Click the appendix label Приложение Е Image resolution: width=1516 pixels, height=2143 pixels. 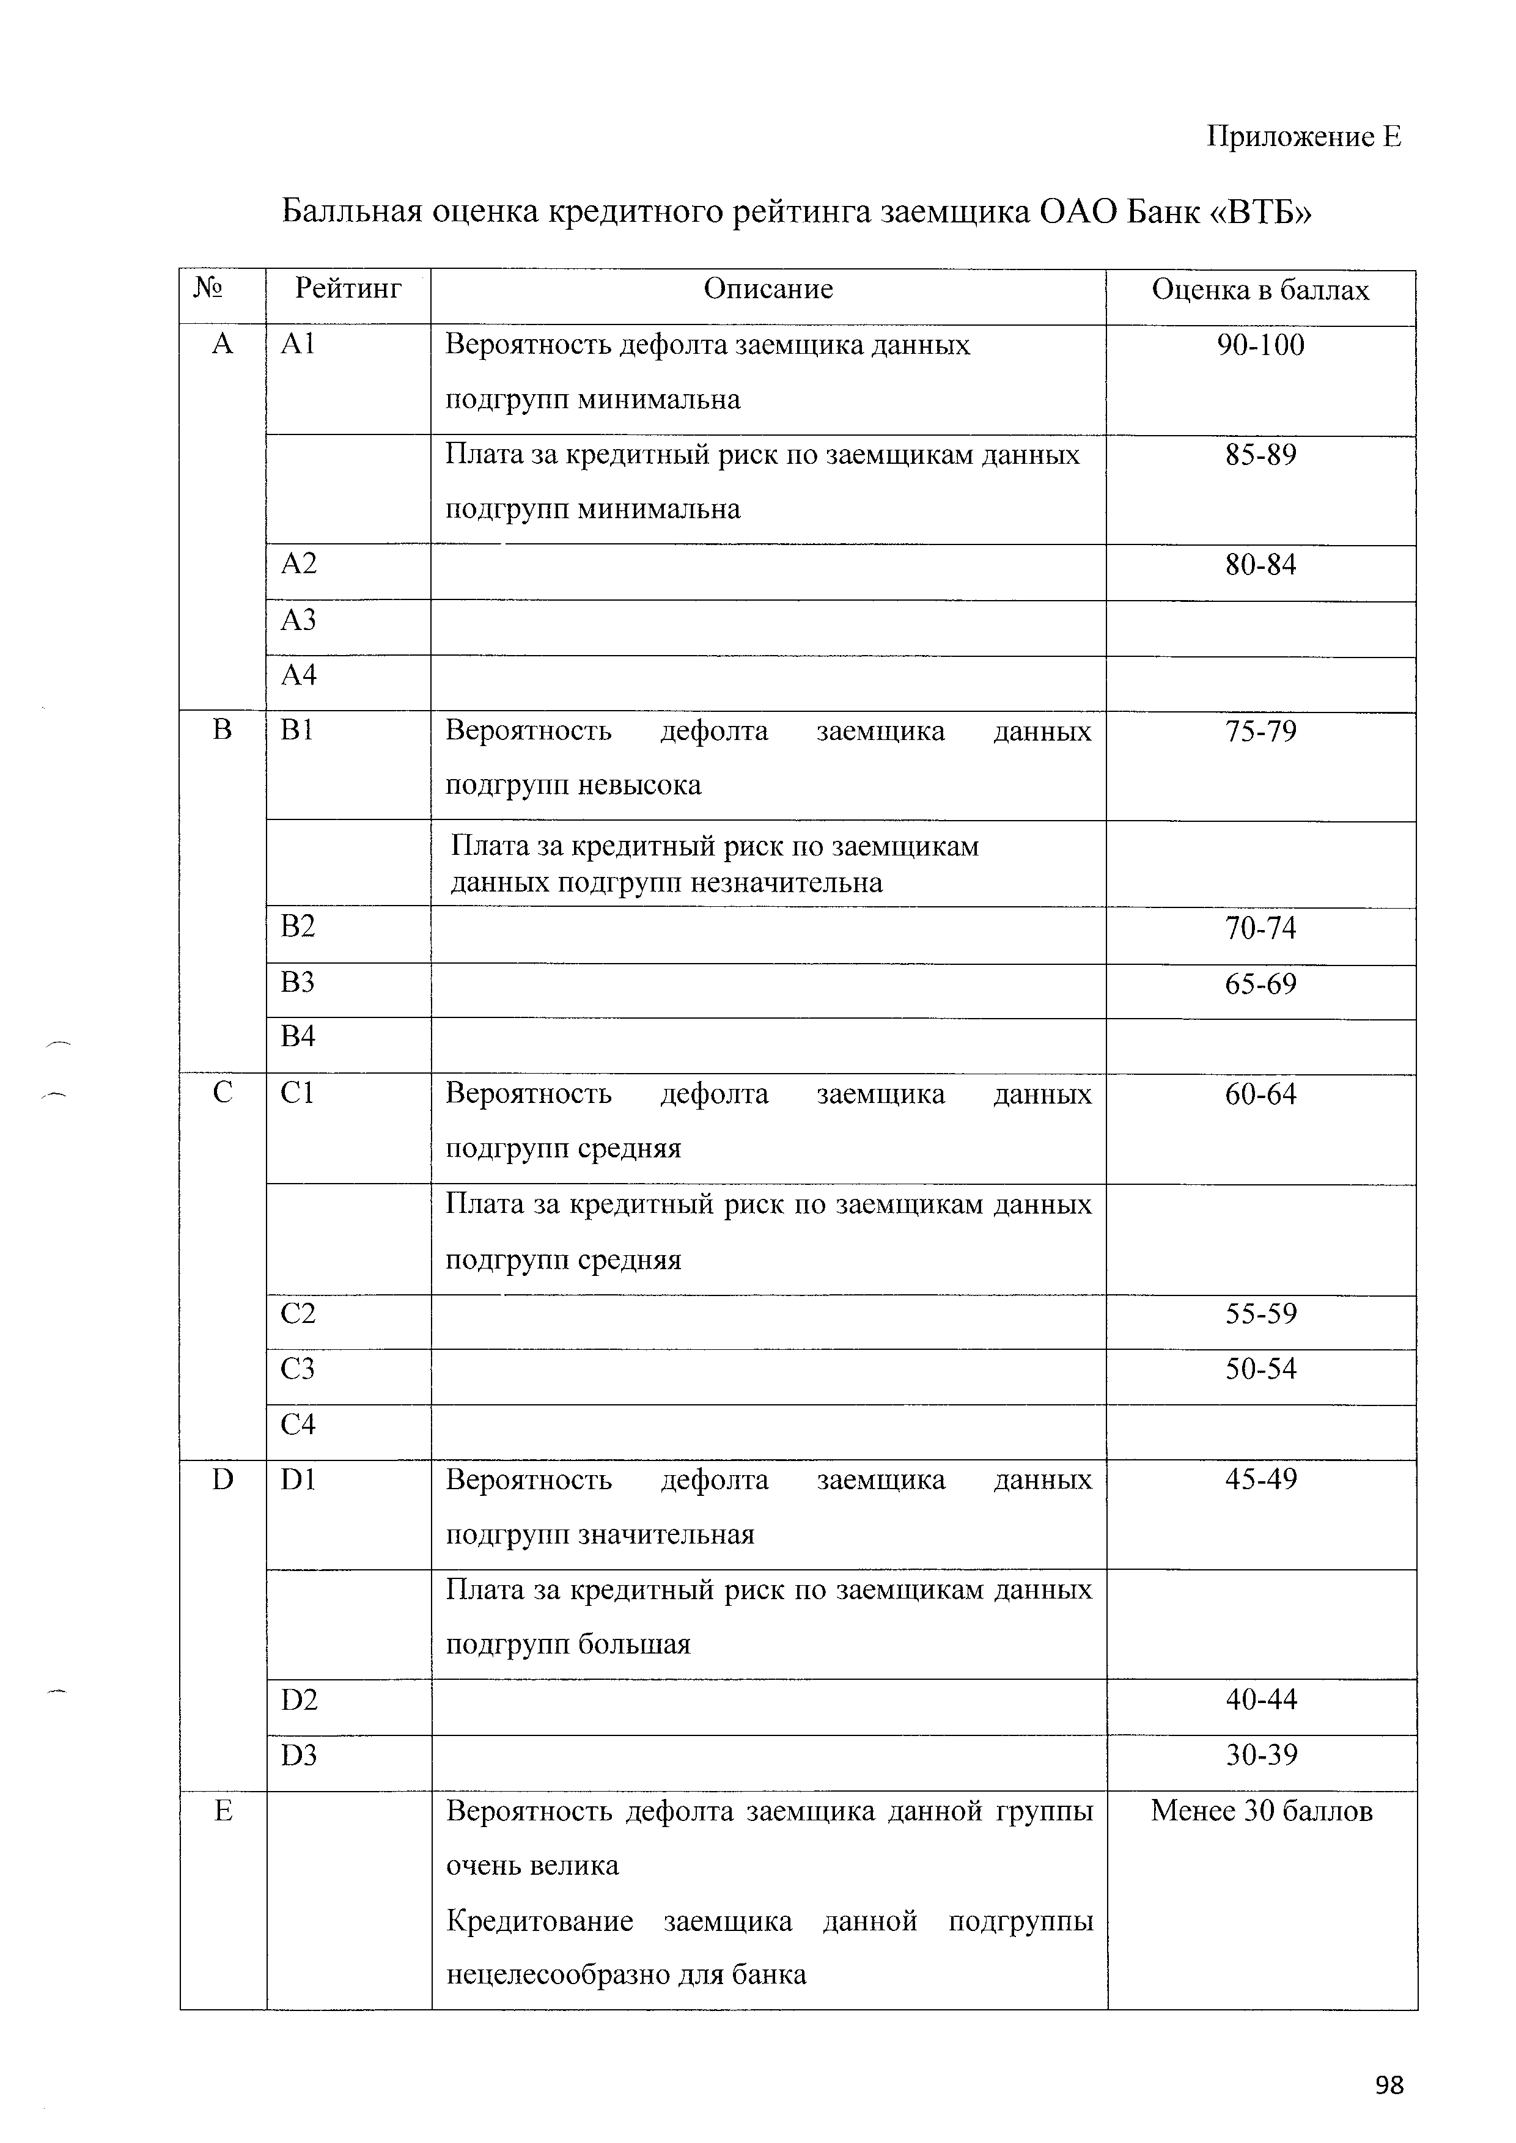(x=1304, y=137)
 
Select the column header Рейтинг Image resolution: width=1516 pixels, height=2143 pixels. (x=348, y=290)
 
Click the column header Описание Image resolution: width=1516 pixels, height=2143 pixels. (x=767, y=290)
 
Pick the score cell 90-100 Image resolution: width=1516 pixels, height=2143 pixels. (x=1260, y=345)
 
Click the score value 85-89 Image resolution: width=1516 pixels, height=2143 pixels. (x=1260, y=455)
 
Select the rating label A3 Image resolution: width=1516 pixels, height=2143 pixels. (x=299, y=620)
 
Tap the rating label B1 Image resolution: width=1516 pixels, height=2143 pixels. (x=298, y=730)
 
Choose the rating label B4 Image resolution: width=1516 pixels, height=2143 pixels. (x=298, y=1036)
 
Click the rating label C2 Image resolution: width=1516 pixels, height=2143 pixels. (x=298, y=1313)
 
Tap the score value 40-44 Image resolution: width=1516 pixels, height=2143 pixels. (x=1260, y=1699)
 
